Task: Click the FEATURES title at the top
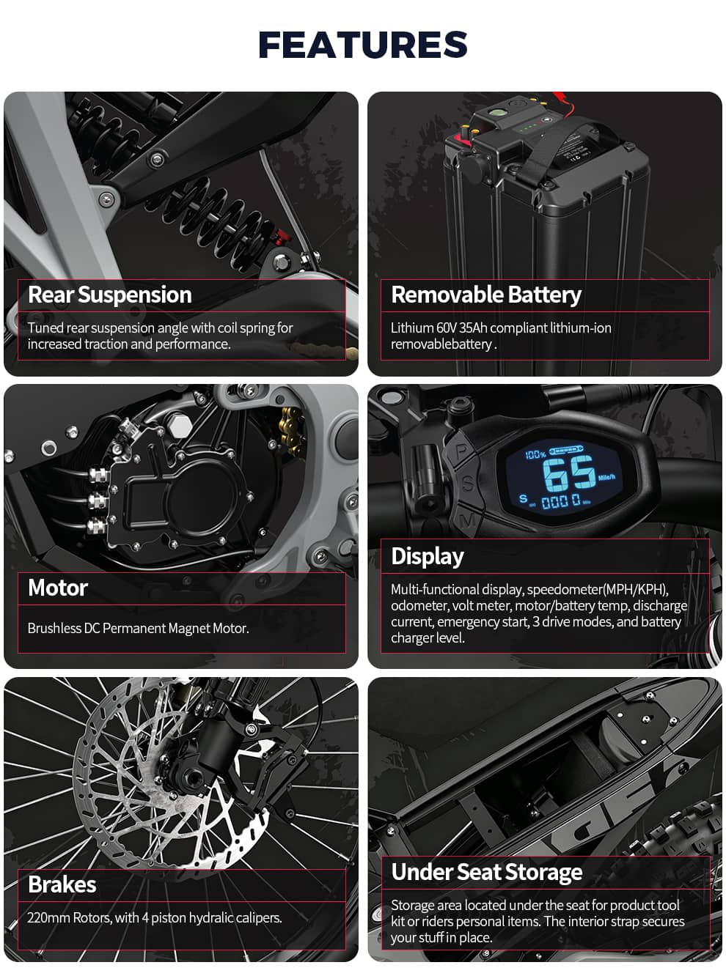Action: [362, 44]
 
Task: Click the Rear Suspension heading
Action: [110, 295]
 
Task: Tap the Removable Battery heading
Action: [486, 295]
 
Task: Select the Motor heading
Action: [58, 588]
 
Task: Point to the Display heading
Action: [428, 557]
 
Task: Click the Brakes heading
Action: [62, 884]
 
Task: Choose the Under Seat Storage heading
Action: [487, 873]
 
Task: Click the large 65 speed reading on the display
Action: [569, 473]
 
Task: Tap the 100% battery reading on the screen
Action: [535, 454]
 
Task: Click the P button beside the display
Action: [461, 451]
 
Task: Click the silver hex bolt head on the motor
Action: [179, 427]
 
